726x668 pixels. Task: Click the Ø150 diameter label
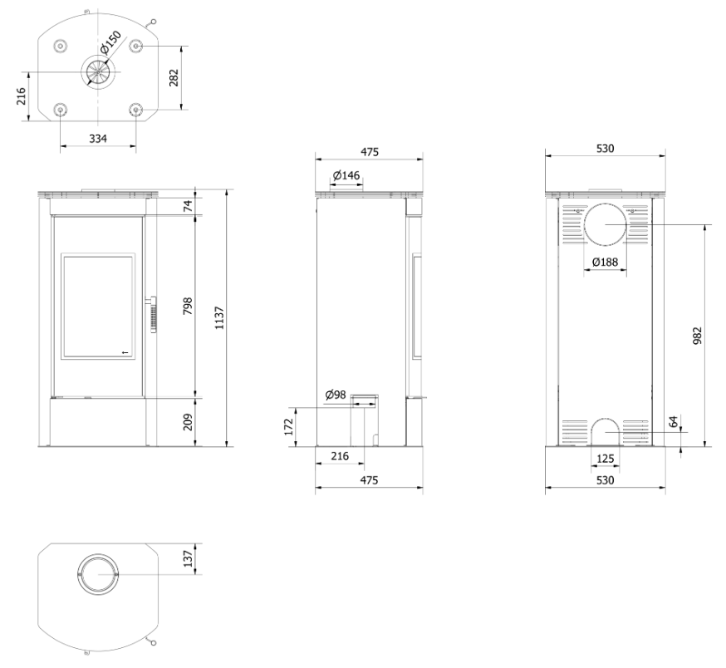click(110, 42)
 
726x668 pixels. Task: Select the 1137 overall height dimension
click(219, 317)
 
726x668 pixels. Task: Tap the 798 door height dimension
click(188, 307)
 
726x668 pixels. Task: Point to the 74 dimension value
click(188, 206)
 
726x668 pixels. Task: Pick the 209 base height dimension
click(188, 422)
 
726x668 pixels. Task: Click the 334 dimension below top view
click(98, 138)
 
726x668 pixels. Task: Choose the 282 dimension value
click(174, 78)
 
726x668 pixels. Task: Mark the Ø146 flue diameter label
click(346, 175)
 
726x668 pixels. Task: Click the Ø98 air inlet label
click(336, 395)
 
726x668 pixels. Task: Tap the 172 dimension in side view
click(289, 427)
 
